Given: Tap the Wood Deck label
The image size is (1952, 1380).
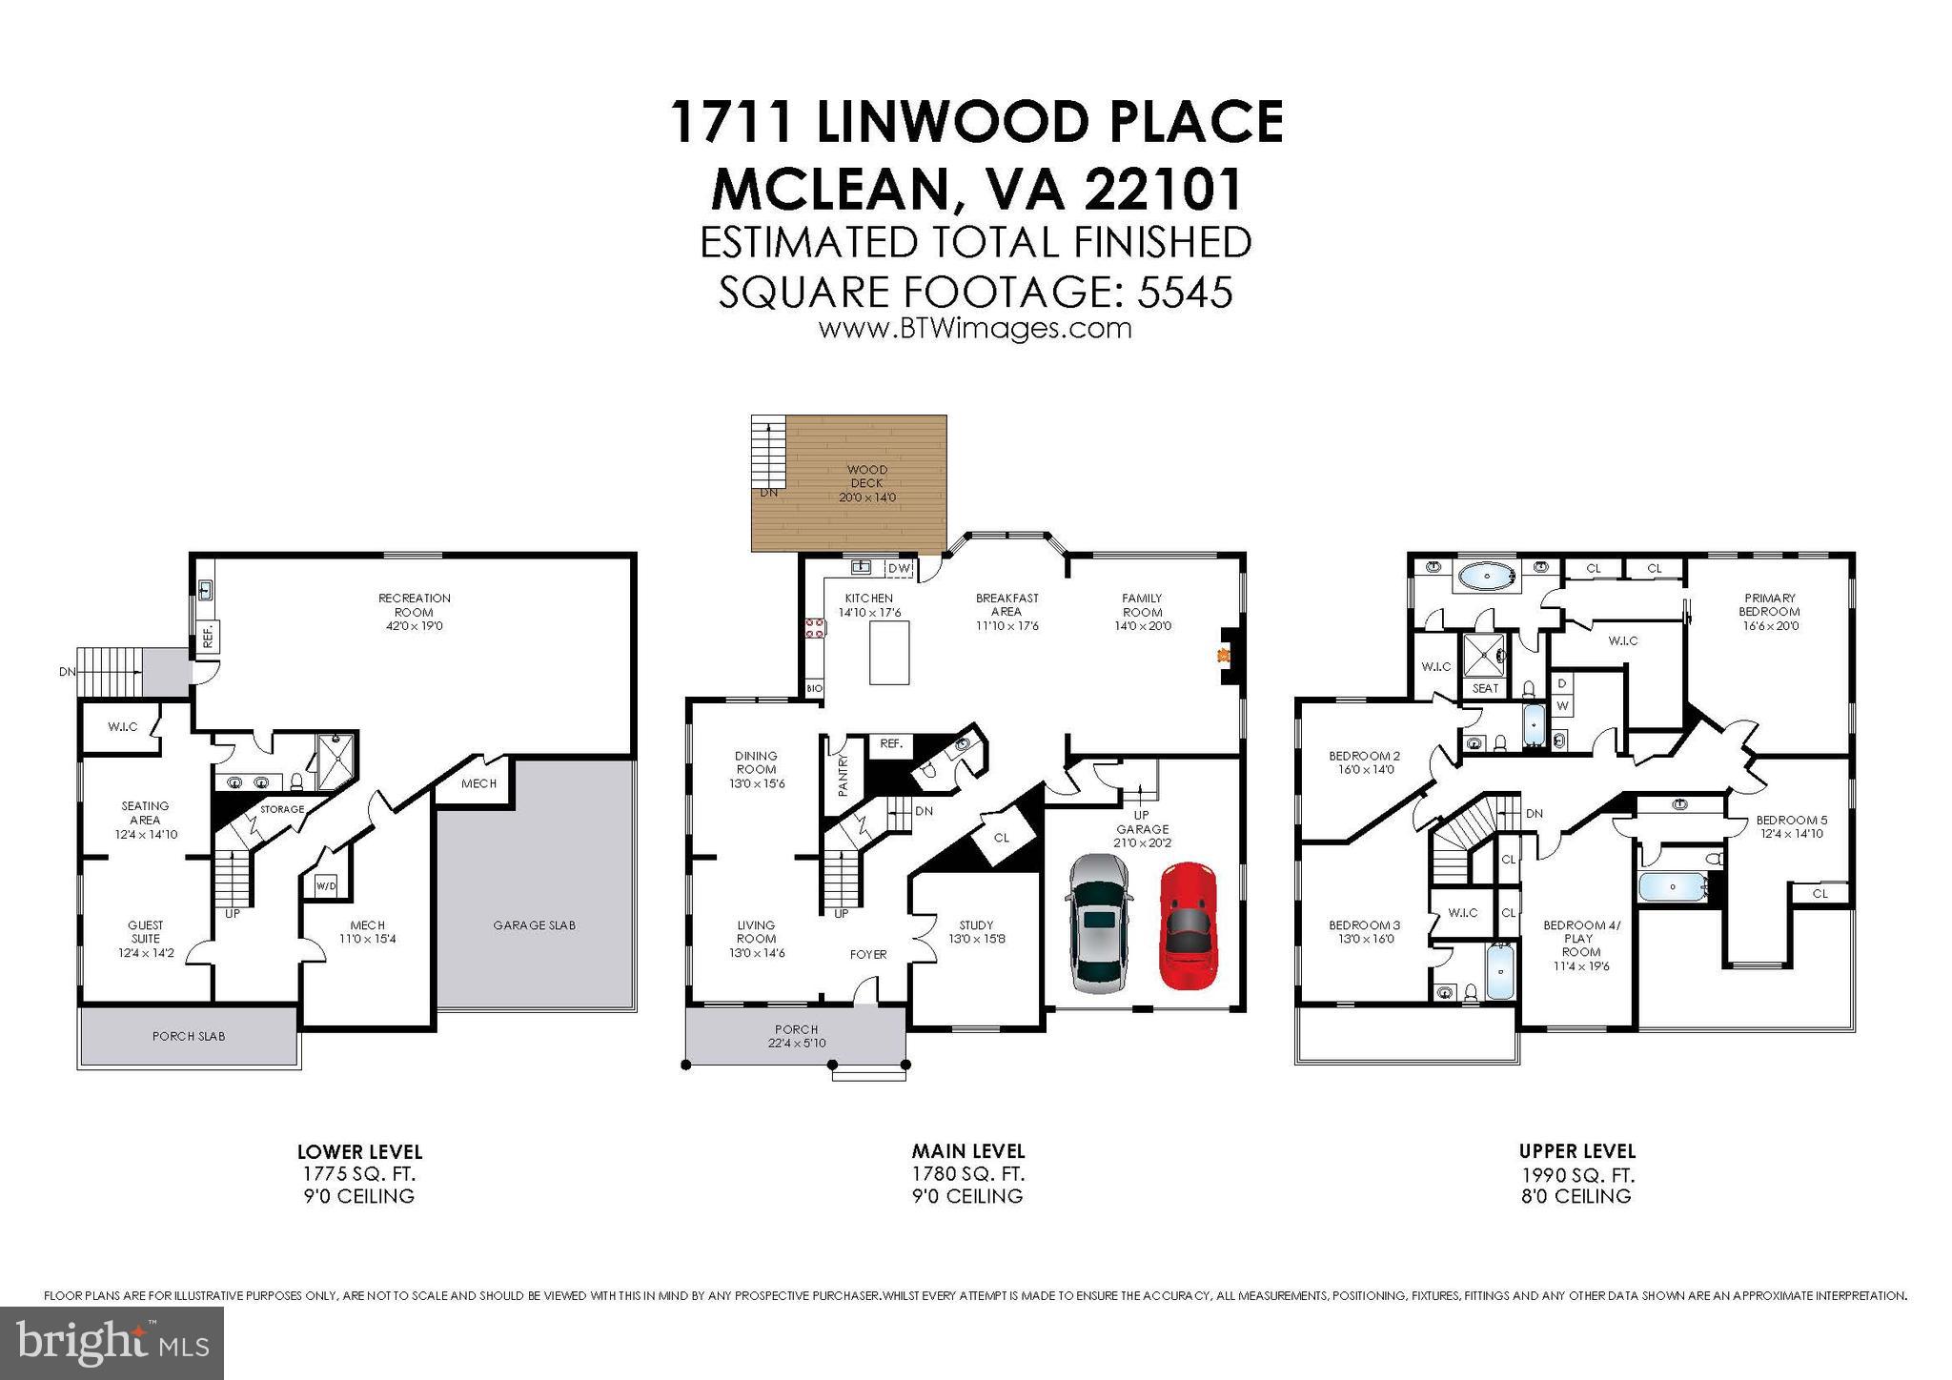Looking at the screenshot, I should point(866,483).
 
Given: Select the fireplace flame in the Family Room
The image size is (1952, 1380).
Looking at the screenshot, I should point(1223,655).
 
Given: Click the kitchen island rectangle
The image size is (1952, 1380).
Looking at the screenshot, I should point(889,652).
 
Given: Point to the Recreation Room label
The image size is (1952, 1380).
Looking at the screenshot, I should point(414,612).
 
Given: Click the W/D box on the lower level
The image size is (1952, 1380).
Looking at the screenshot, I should point(325,885).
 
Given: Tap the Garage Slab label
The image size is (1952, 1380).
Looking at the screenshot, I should point(534,924).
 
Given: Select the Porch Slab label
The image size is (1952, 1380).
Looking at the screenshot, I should point(189,1036).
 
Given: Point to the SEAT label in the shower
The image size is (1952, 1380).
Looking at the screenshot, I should point(1485,688).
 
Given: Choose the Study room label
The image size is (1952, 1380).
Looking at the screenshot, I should point(976,931).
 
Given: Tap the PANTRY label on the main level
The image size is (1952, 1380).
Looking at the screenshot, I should point(843,775).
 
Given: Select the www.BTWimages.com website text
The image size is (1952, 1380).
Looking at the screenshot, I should point(974,329).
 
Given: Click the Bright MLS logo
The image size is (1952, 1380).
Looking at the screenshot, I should point(112,1343).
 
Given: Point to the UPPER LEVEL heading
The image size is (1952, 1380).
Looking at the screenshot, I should point(1576,1151).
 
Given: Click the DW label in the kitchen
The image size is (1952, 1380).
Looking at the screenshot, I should point(899,569).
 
